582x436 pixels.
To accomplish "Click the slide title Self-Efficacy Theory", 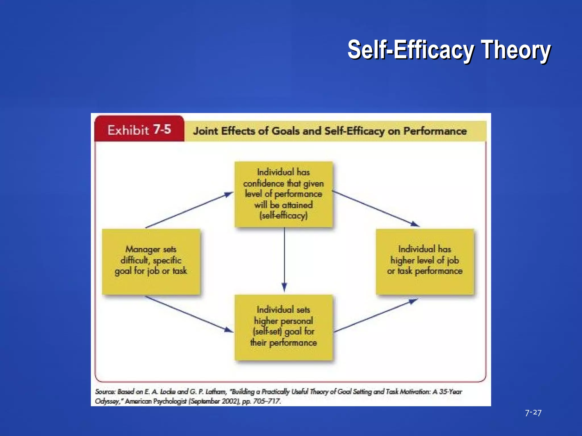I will [449, 50].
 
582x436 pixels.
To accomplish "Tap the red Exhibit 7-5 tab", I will [139, 130].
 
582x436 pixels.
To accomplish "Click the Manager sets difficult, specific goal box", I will [151, 261].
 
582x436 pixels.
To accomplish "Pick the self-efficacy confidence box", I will [283, 194].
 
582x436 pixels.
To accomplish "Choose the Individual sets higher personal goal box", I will [283, 327].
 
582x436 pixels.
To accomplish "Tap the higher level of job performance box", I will [425, 261].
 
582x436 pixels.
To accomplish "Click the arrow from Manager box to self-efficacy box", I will [189, 210].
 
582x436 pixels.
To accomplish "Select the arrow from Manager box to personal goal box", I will [189, 314].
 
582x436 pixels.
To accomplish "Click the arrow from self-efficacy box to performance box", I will [375, 209].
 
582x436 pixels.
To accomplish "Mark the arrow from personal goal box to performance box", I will [375, 315].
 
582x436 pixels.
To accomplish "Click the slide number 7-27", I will [533, 412].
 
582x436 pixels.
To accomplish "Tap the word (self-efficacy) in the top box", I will [283, 216].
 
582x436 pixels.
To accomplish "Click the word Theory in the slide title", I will [516, 50].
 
